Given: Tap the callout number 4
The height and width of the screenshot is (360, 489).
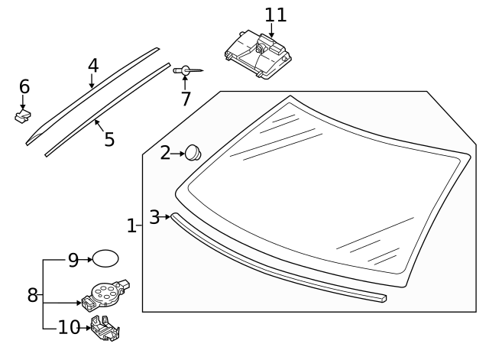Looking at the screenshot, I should point(92,65).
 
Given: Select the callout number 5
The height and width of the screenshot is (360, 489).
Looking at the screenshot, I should point(108,139).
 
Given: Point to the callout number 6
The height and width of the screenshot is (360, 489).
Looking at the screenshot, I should point(24,86).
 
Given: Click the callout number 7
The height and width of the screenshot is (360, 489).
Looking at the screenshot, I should point(185,99).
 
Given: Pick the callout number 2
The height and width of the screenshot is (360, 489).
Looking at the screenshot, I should point(165,154).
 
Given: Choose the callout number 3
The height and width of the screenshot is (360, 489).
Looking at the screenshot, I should point(154,217).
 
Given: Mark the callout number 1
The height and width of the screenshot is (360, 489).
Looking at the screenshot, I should point(131,225).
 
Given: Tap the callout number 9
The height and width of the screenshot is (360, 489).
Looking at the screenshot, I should point(73,261).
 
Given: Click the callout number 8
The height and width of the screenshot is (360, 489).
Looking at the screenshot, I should point(33,295).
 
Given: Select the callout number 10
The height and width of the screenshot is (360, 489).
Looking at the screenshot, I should point(69,328).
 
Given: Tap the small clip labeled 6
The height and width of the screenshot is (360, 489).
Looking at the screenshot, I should point(24,116).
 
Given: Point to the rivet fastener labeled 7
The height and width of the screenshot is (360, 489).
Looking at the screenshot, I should point(187,70).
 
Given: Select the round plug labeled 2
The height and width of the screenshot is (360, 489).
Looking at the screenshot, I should point(193,153).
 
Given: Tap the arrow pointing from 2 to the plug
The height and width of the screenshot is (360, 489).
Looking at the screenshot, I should point(179,154).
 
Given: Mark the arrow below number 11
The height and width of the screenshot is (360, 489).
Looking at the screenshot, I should point(272,31).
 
